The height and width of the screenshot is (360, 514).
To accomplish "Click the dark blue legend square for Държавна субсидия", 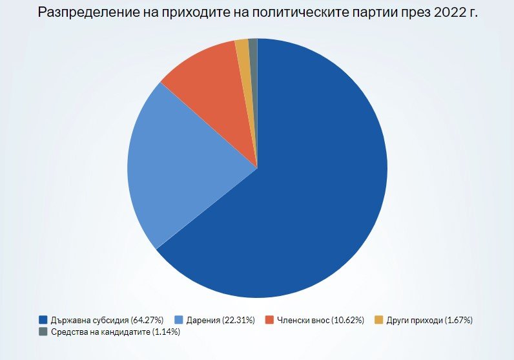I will pos(43,320).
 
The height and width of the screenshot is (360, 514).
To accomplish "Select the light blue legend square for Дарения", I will pos(179,320).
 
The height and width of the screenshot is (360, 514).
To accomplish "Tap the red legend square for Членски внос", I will pos(270,320).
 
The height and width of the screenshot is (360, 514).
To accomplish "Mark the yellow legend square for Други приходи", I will pos(379,320).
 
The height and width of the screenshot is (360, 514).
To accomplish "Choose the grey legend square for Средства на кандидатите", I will pos(43,332).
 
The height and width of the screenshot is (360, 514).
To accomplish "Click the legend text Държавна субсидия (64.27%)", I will pos(107,320).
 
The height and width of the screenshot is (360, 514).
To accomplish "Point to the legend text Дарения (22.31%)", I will pos(220,320).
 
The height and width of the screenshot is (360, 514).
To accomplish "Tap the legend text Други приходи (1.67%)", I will pos(430,320).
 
